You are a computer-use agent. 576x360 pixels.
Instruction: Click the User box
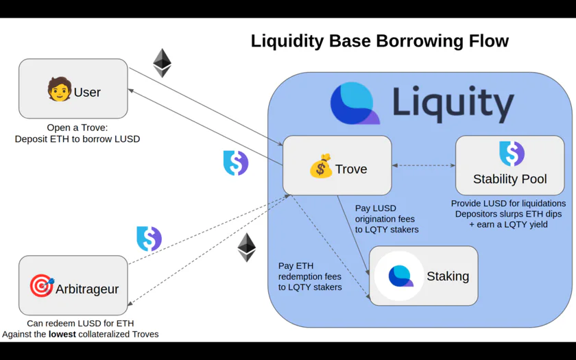[x=73, y=88]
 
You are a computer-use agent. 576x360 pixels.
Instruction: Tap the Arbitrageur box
[x=73, y=285]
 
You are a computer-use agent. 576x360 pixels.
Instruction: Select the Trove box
[x=337, y=165]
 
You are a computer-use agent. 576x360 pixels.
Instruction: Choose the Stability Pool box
[x=510, y=165]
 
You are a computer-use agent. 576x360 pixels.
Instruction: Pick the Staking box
[x=424, y=276]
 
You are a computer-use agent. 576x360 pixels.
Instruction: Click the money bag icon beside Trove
[x=321, y=166]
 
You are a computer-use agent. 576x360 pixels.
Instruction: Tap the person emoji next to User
[x=59, y=89]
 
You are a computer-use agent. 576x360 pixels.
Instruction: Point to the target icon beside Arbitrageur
[x=42, y=285]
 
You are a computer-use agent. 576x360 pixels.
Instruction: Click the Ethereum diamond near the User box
[x=162, y=63]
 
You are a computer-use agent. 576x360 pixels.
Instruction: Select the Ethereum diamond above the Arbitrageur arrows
[x=246, y=248]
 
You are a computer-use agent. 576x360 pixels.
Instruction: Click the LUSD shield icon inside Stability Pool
[x=512, y=154]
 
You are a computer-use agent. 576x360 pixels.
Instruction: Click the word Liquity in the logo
[x=453, y=104]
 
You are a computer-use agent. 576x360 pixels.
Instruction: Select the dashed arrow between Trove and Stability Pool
[x=424, y=165]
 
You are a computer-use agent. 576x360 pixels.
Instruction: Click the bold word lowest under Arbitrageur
[x=62, y=334]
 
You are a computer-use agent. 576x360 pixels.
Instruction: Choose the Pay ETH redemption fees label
[x=310, y=276]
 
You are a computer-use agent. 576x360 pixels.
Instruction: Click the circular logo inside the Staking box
[x=399, y=276]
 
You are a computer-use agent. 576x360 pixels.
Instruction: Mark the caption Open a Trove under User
[x=77, y=128]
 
